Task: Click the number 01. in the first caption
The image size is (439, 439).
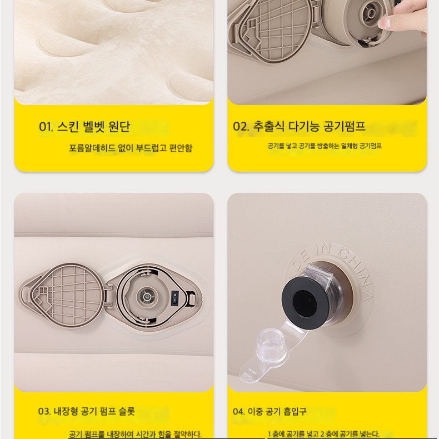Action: pyautogui.click(x=46, y=127)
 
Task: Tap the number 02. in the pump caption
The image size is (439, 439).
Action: pyautogui.click(x=241, y=126)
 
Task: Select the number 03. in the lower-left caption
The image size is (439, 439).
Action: pyautogui.click(x=44, y=411)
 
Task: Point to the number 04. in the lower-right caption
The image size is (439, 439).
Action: pyautogui.click(x=239, y=411)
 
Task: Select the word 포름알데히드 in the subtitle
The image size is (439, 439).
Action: pyautogui.click(x=92, y=148)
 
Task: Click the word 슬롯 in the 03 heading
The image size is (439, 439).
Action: pyautogui.click(x=127, y=411)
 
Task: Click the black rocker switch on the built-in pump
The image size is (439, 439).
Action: pyautogui.click(x=175, y=297)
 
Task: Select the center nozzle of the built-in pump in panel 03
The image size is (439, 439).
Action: pyautogui.click(x=146, y=297)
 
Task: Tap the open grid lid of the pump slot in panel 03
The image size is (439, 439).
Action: pyautogui.click(x=61, y=295)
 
